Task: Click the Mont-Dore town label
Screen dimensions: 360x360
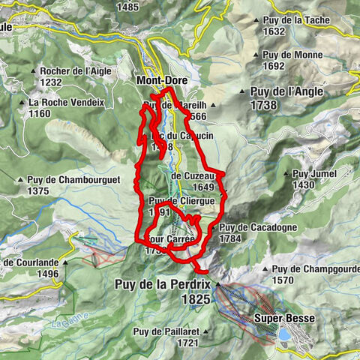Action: point(161,79)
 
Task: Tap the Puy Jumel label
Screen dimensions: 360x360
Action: point(310,173)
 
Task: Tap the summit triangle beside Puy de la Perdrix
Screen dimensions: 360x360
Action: point(217,285)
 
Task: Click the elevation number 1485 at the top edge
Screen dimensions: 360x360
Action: point(128,7)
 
